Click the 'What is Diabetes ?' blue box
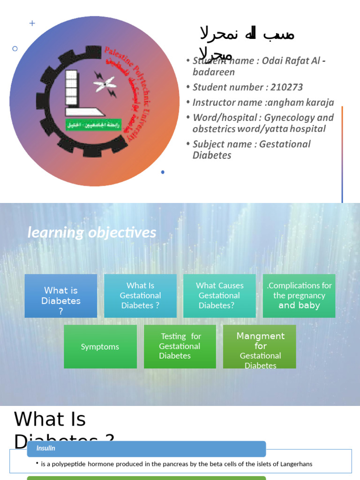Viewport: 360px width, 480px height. point(61,296)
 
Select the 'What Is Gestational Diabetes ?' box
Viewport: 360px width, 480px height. point(140,296)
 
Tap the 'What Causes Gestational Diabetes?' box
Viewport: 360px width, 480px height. point(219,296)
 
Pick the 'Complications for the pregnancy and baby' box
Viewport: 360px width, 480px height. point(299,296)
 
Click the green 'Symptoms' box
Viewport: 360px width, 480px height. point(100,347)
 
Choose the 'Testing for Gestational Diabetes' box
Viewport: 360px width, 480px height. point(180,346)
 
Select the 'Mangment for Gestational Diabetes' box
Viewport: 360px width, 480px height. point(260,346)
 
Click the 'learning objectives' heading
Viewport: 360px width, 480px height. point(92,232)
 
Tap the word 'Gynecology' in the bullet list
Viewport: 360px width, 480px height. point(285,118)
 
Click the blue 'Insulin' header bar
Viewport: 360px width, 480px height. point(146,449)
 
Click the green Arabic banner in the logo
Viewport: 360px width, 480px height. point(94,125)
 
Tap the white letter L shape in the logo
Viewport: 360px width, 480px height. point(77,94)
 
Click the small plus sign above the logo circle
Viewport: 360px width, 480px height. point(32,23)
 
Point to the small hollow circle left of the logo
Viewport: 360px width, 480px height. point(15,48)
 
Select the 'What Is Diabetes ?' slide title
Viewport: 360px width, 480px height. point(50,420)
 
